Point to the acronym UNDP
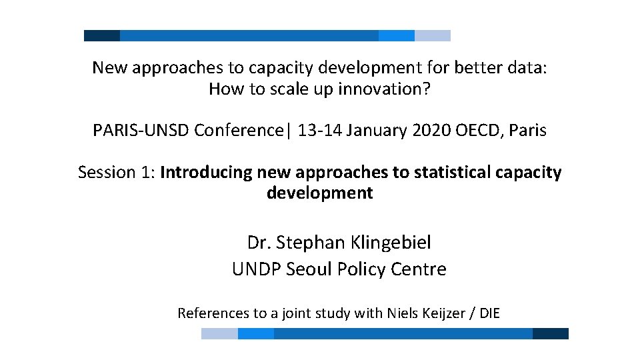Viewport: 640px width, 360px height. pos(256,269)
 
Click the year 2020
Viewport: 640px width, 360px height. pos(431,131)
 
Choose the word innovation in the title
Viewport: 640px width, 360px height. pos(378,89)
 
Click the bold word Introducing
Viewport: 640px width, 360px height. pos(207,173)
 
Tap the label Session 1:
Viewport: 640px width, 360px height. pos(117,173)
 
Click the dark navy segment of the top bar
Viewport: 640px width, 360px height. pos(102,35)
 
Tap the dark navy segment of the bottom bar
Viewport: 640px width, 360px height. pos(551,333)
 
